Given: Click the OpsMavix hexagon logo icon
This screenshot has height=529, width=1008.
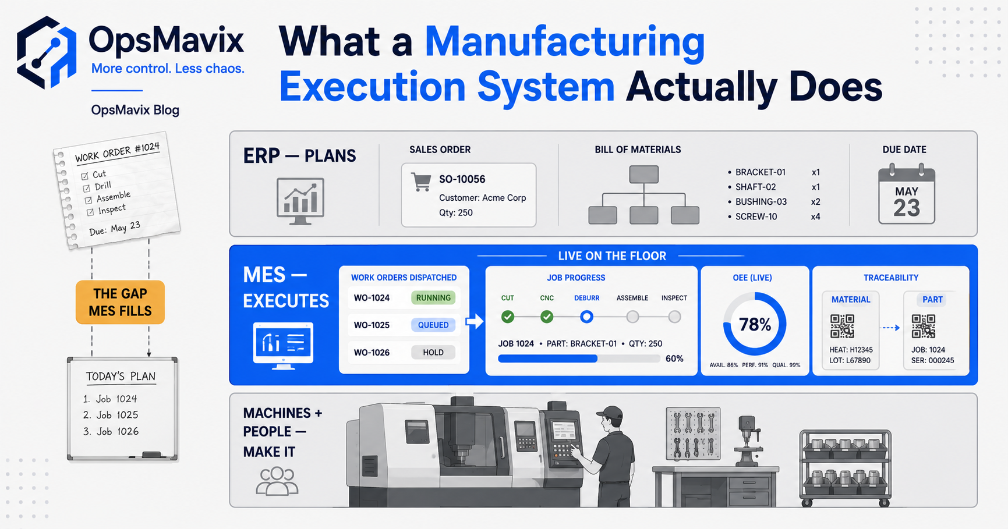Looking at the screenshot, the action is pos(47,52).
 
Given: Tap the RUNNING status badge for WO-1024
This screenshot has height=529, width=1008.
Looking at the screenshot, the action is pos(433,298).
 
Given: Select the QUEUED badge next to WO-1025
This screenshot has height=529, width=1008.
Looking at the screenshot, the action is pos(433,325).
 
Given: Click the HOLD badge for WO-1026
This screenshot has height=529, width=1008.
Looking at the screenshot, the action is pos(433,352).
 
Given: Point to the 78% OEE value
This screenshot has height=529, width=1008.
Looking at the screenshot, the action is pos(755,324).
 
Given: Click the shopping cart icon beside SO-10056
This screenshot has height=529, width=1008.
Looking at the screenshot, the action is pos(421,182).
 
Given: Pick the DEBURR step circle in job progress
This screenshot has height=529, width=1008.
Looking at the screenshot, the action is pos(586,317).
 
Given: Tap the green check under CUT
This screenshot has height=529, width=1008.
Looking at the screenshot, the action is pos(508,317).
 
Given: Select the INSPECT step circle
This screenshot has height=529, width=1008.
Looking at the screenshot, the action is pos(674,317).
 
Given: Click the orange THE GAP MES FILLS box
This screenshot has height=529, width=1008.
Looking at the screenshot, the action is pos(120,303).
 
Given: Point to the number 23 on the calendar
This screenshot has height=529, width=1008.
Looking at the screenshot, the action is pos(907,208).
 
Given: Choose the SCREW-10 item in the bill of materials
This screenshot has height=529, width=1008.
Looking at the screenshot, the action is pos(756,216).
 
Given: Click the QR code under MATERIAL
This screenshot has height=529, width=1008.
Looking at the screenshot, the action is pos(842,326).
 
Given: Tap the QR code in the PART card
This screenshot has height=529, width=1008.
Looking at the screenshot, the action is pos(924,326).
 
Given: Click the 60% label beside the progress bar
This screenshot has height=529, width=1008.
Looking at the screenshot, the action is pos(674,358).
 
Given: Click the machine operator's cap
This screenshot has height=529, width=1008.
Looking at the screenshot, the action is pos(610,414).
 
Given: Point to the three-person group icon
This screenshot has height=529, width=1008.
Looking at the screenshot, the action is pos(277,481).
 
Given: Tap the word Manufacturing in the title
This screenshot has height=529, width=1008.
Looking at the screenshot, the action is pos(565,42).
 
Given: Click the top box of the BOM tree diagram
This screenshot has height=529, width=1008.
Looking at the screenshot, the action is pos(644,175).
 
